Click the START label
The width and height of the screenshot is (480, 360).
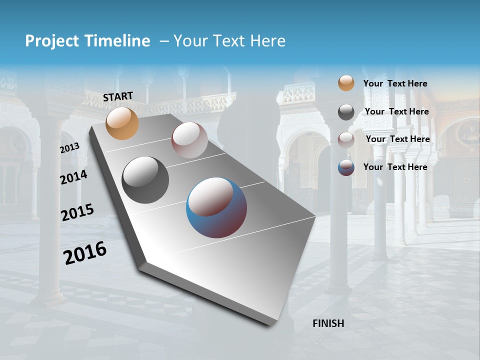118,96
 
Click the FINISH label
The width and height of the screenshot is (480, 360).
328,323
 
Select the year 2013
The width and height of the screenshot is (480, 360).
69,148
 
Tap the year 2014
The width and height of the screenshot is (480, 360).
73,177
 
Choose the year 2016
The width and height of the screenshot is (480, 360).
84,253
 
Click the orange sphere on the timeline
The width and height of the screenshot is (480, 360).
122,123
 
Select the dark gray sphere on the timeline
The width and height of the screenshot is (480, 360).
145,180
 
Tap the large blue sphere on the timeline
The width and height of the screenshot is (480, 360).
216,207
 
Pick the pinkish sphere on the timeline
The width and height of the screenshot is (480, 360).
189,140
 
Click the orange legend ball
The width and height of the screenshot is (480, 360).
346,83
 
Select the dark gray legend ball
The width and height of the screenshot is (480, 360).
346,112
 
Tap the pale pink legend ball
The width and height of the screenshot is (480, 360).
346,140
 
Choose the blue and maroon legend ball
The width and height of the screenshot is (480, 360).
346,167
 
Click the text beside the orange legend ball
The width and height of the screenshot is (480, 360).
395,83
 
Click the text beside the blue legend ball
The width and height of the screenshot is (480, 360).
395,167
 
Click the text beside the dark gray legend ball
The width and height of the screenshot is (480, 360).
396,111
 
